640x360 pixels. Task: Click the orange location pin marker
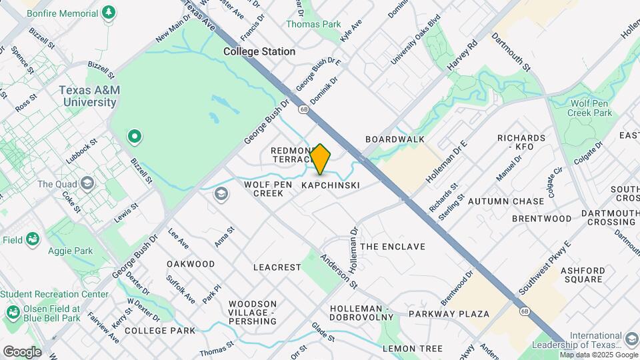[321, 159]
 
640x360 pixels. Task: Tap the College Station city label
[259, 51]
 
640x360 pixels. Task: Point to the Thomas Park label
[313, 24]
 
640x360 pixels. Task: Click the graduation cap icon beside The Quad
[87, 183]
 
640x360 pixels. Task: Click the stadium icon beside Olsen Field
[13, 313]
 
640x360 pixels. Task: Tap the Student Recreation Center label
[55, 294]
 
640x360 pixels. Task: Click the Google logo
[22, 352]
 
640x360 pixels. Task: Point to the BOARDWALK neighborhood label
[395, 139]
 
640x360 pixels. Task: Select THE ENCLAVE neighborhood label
[393, 247]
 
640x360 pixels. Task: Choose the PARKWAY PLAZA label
[449, 313]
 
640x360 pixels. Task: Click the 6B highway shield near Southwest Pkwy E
[523, 311]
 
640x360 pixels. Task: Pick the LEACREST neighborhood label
[277, 267]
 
